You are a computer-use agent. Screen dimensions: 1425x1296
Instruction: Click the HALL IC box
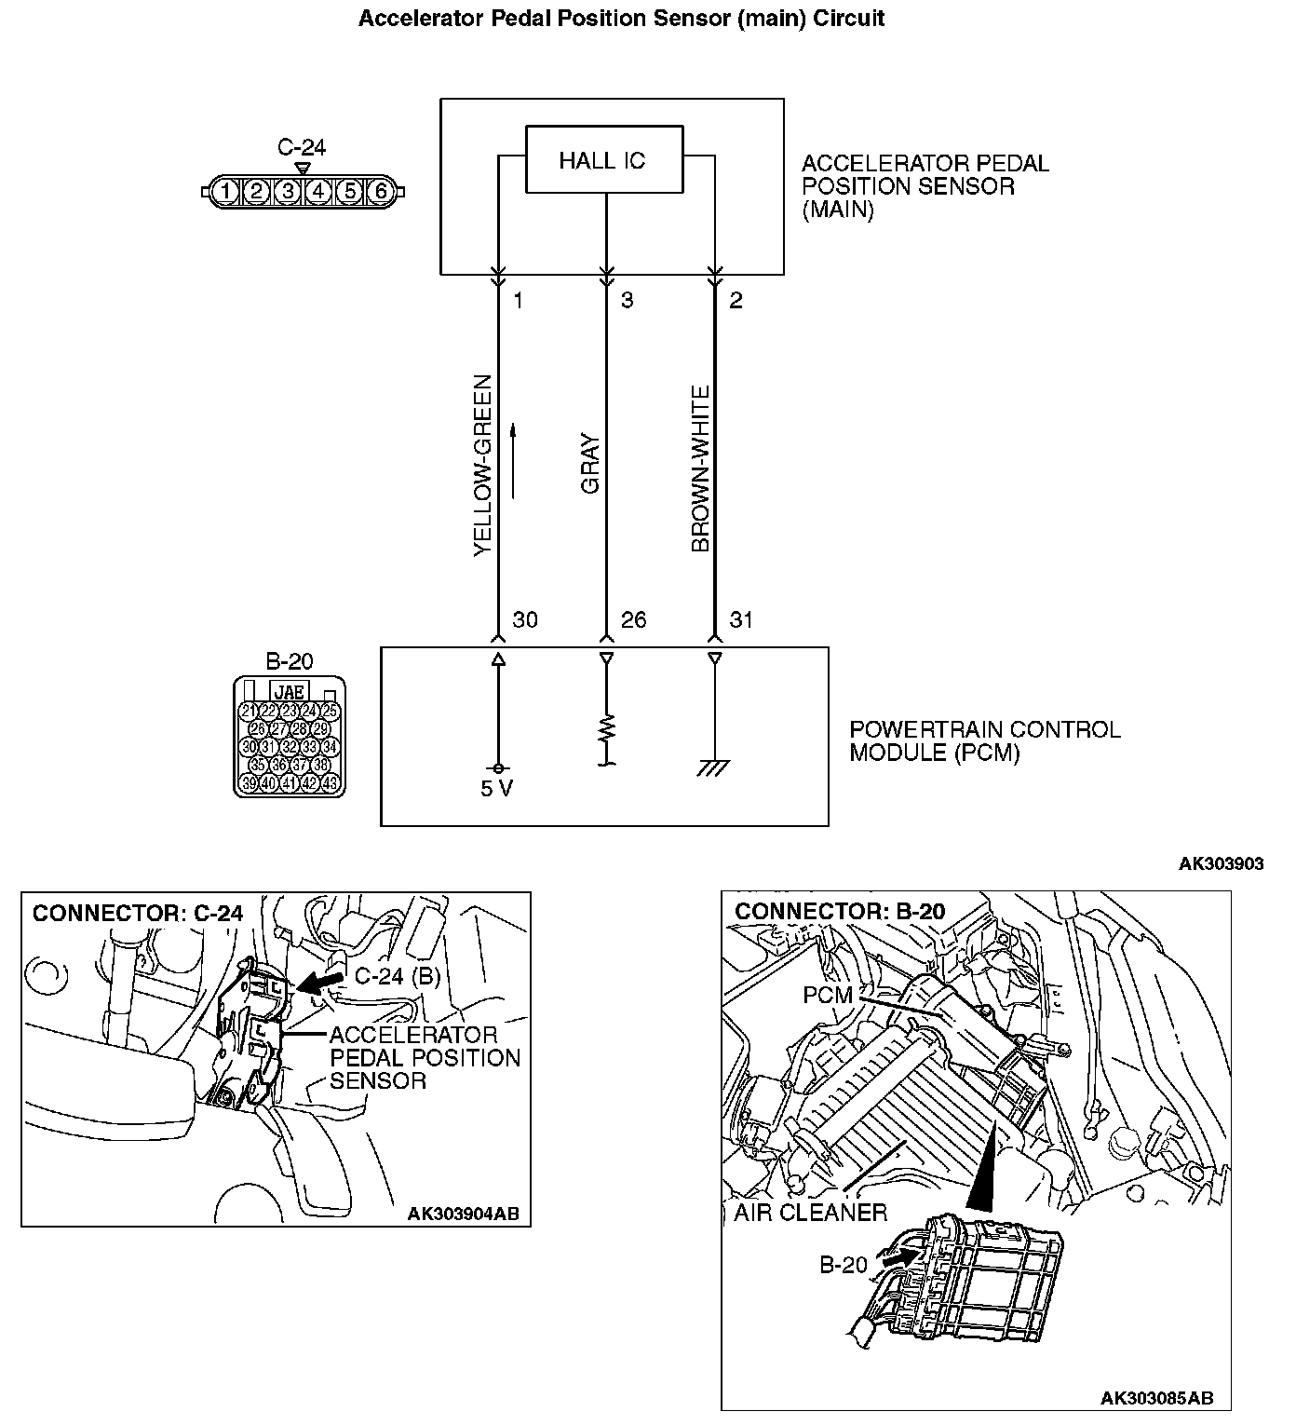(603, 160)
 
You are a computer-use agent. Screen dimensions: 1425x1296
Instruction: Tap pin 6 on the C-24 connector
(379, 192)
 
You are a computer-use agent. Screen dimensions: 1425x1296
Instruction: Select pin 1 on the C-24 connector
(225, 192)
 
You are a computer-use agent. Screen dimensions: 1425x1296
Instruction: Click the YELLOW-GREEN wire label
(481, 466)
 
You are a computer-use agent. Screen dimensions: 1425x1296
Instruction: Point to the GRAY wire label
(590, 464)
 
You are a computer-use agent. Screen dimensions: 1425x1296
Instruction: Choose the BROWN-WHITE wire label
(700, 468)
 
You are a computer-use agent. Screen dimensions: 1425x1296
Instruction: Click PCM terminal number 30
(525, 620)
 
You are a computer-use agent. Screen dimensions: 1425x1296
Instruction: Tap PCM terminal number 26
(633, 620)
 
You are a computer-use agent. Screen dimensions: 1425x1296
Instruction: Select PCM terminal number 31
(741, 620)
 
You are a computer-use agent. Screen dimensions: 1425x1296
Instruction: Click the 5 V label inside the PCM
(497, 789)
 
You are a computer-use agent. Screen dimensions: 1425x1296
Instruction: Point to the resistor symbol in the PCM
(606, 727)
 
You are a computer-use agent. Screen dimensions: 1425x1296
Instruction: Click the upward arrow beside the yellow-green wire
(513, 461)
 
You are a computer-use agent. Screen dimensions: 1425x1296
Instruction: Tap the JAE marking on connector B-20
(290, 692)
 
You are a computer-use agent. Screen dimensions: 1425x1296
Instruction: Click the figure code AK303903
(1221, 863)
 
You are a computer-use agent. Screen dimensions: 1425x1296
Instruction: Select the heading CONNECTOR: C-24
(138, 913)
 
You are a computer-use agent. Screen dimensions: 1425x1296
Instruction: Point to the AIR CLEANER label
(810, 1213)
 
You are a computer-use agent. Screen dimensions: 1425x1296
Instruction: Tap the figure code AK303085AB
(1156, 1398)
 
